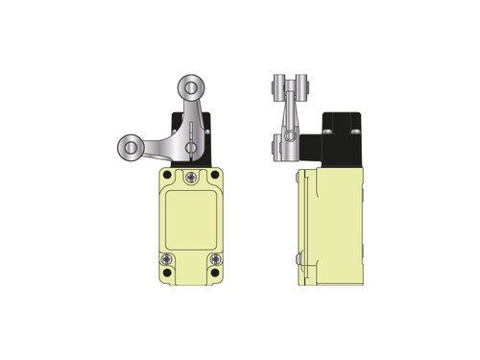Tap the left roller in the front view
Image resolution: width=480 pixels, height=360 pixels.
point(128,148)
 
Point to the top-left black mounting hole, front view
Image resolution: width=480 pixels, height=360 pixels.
point(168,177)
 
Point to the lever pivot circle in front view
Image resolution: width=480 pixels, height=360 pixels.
point(193,147)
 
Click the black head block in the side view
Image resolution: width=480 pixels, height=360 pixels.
point(341,139)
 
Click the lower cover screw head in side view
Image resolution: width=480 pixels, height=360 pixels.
point(301,257)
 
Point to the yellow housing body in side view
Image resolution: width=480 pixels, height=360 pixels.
point(336,226)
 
